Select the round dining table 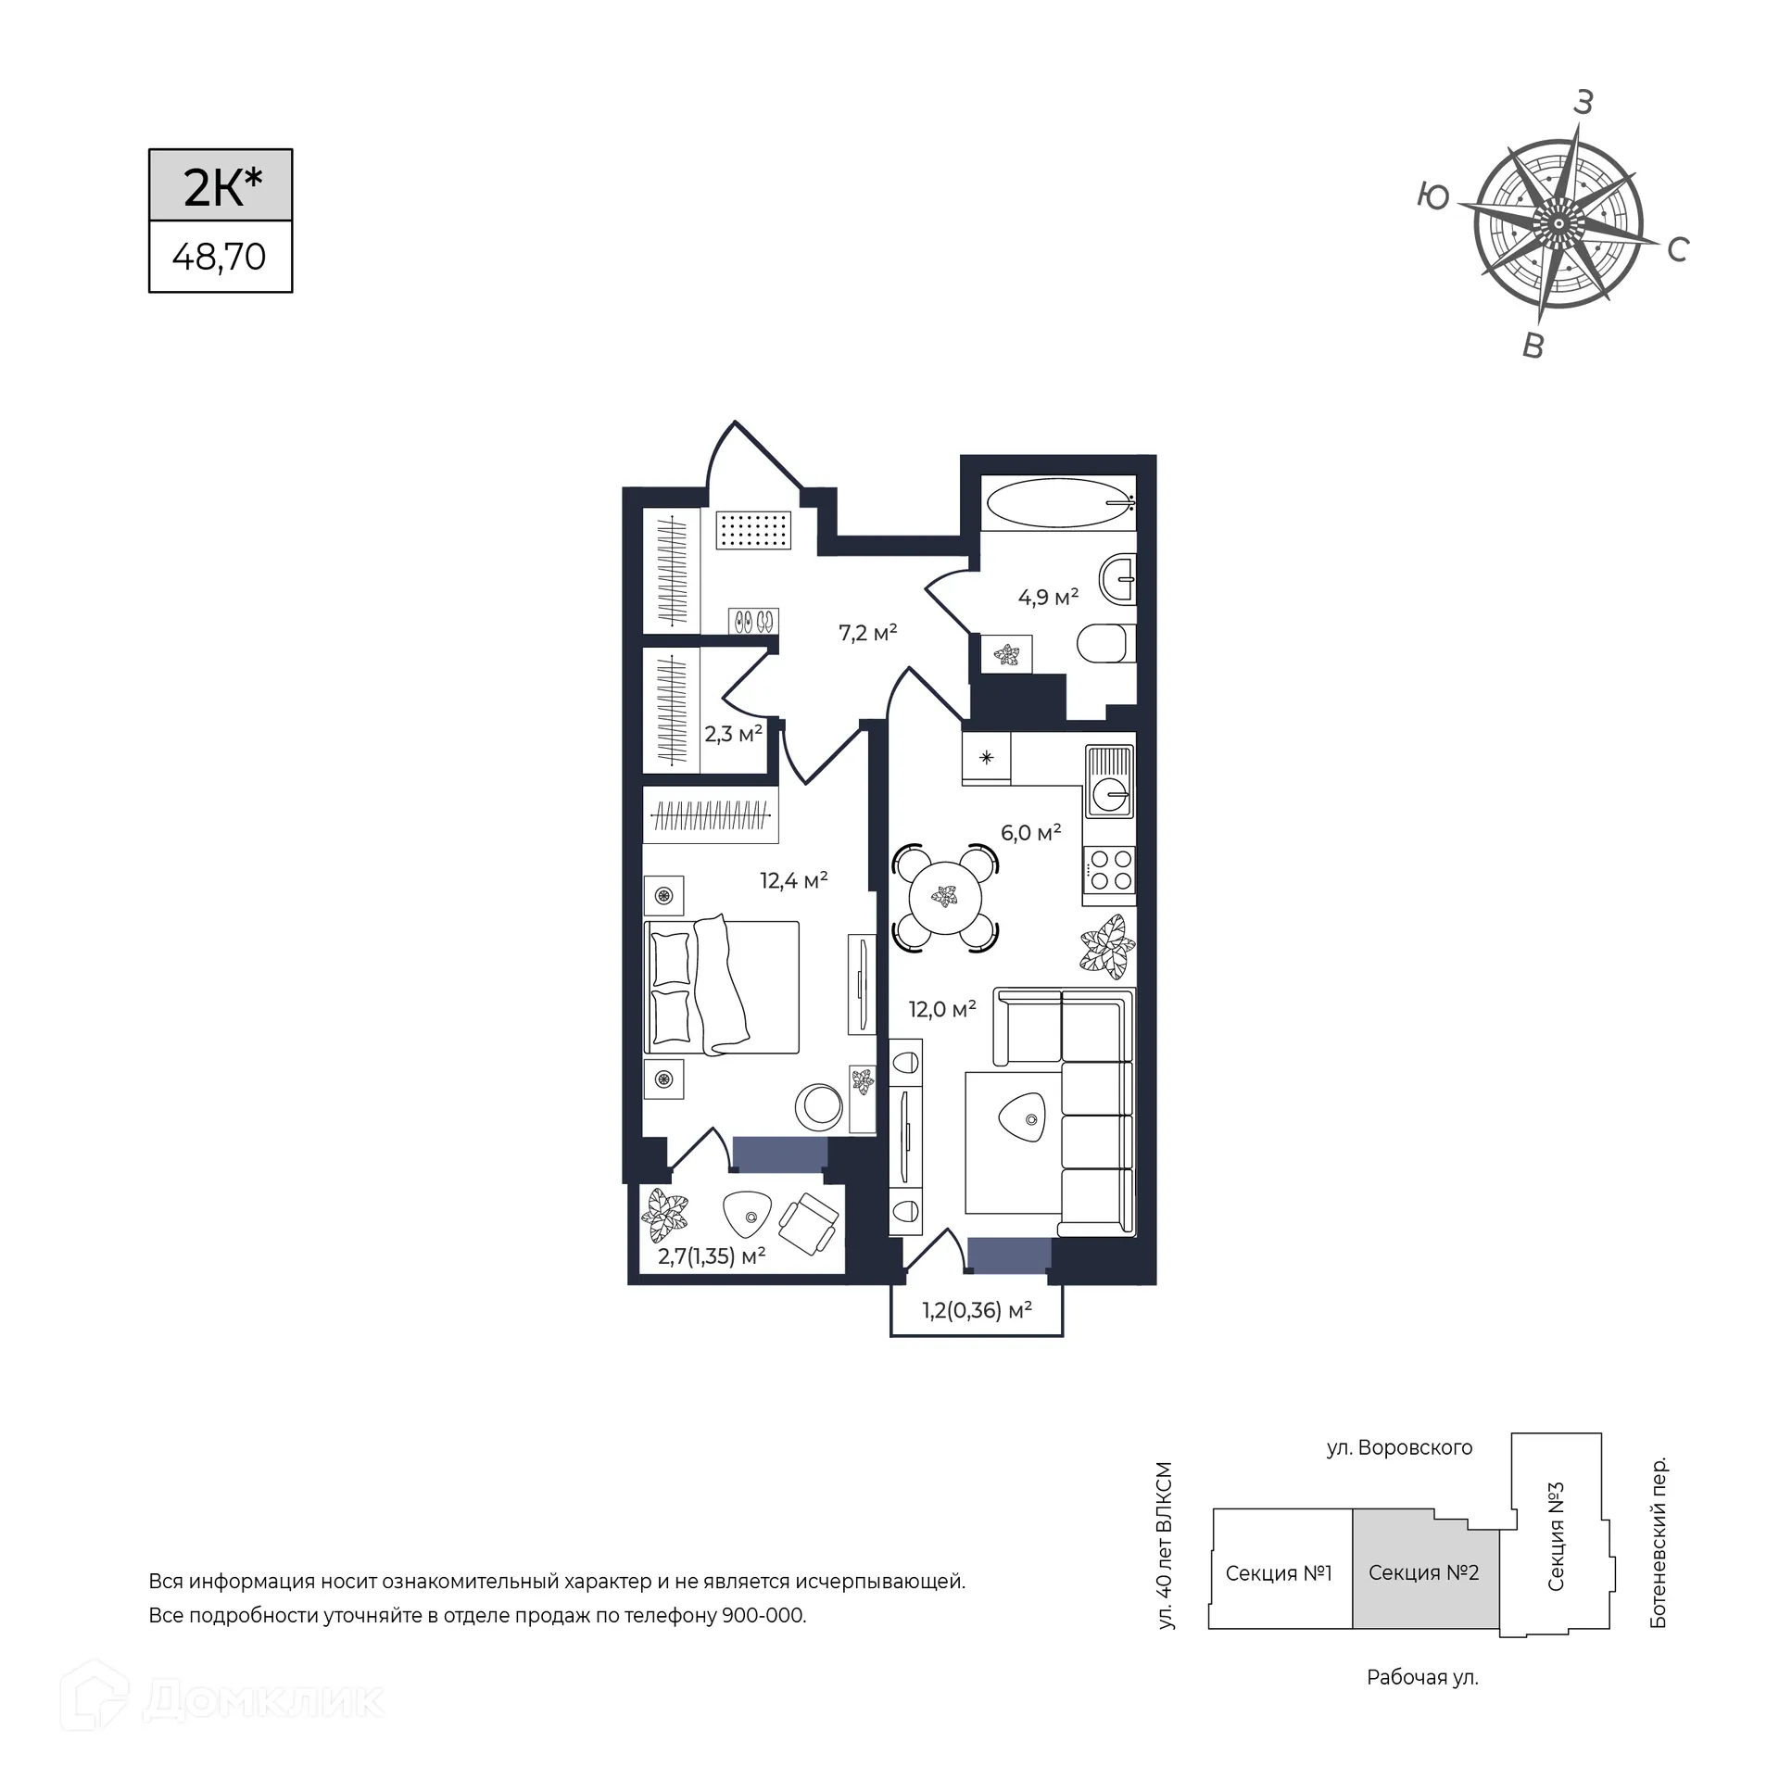(x=945, y=897)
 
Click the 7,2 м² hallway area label (x=868, y=633)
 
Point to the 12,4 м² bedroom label (x=794, y=879)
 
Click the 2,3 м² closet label (x=734, y=735)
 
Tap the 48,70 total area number (x=220, y=257)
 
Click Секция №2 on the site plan (x=1424, y=1572)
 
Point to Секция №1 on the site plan (x=1279, y=1572)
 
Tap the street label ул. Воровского (x=1399, y=1447)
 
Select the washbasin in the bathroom (x=1118, y=580)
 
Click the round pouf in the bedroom (x=819, y=1106)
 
